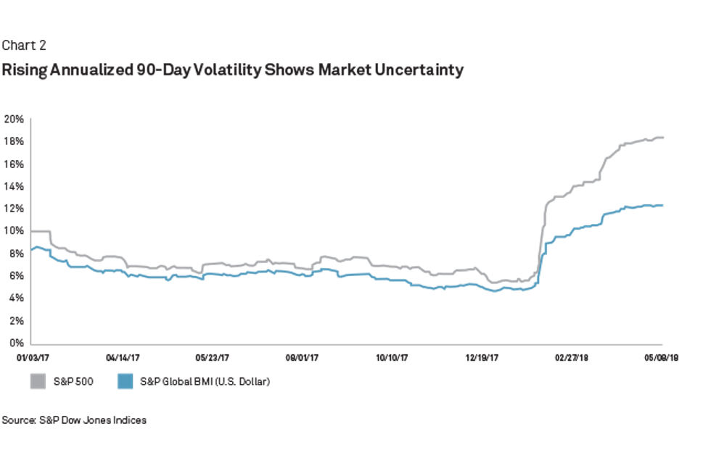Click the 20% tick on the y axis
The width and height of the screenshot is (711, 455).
pyautogui.click(x=15, y=118)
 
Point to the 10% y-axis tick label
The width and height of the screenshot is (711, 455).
pyautogui.click(x=15, y=230)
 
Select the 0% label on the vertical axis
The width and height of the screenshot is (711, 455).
pyautogui.click(x=17, y=342)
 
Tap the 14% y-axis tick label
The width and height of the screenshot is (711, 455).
pyautogui.click(x=15, y=186)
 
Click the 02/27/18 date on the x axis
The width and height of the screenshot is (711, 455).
pyautogui.click(x=572, y=356)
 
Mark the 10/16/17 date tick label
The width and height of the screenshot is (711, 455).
pyautogui.click(x=393, y=356)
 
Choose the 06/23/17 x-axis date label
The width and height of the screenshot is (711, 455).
pyautogui.click(x=213, y=356)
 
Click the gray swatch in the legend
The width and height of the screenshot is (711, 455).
pyautogui.click(x=38, y=381)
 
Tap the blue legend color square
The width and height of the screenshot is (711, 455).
pyautogui.click(x=125, y=381)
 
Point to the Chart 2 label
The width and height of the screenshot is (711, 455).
pyautogui.click(x=24, y=46)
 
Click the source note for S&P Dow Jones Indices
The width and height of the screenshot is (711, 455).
pyautogui.click(x=74, y=420)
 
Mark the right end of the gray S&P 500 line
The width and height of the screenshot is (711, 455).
pyautogui.click(x=664, y=137)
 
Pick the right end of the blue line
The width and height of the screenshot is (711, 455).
pyautogui.click(x=664, y=205)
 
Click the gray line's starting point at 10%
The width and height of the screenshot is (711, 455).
pyautogui.click(x=32, y=231)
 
